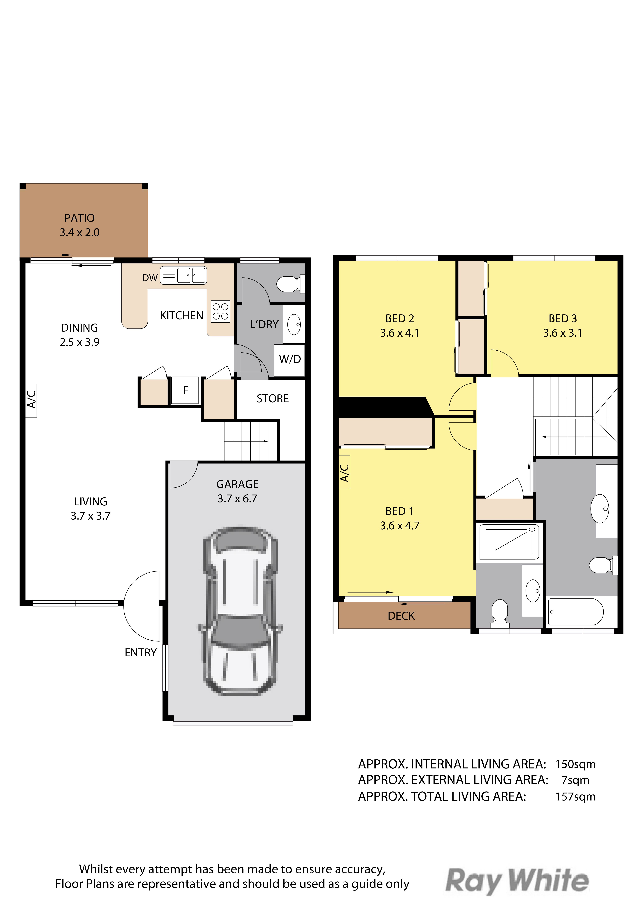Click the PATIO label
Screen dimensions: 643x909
[x=80, y=218]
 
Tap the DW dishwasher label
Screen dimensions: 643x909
[x=150, y=278]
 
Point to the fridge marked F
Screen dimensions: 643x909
[x=185, y=390]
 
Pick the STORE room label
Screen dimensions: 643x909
[x=273, y=399]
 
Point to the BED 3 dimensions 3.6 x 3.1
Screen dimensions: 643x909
[x=563, y=333]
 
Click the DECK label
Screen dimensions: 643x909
[x=401, y=616]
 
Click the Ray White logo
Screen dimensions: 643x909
[x=517, y=881]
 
